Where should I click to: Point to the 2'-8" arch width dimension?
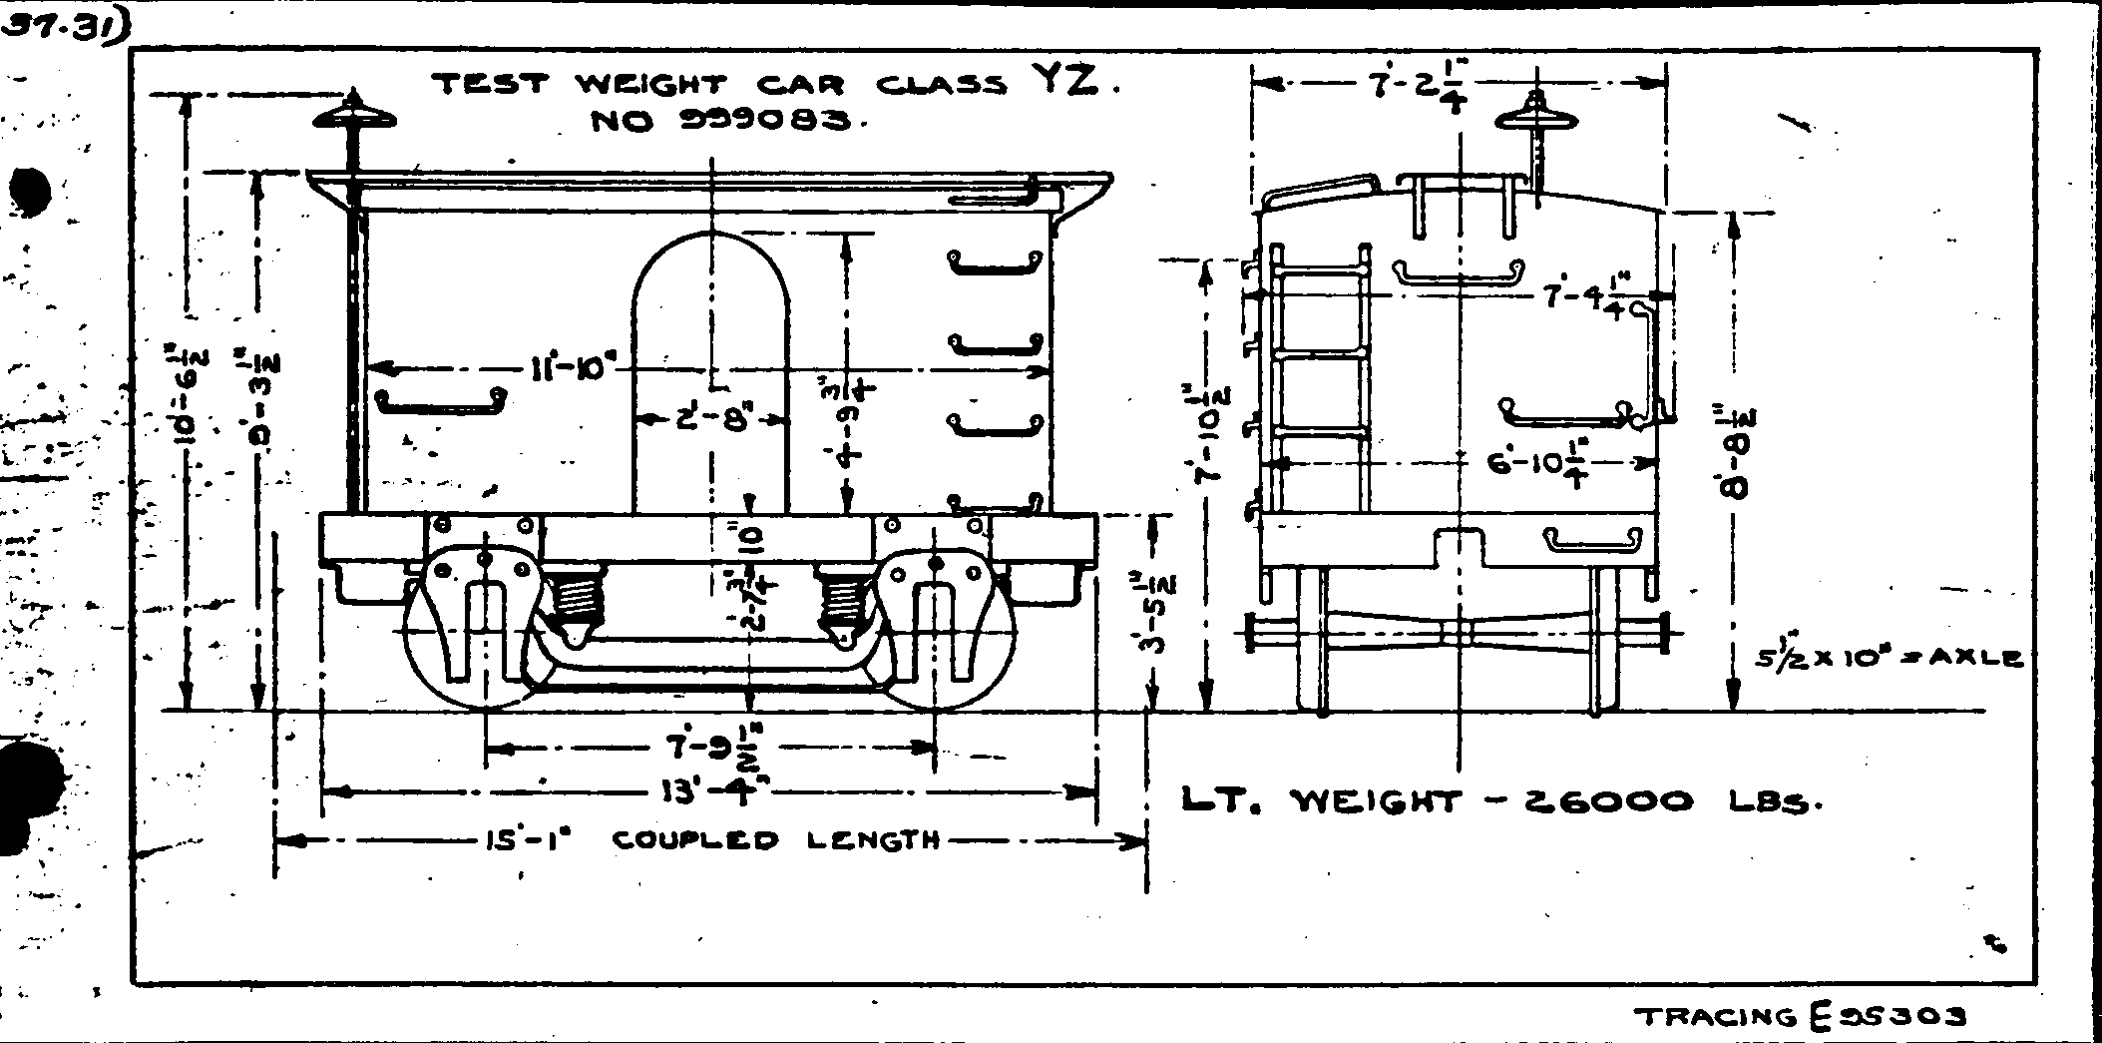[711, 420]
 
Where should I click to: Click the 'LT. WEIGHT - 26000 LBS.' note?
[1496, 801]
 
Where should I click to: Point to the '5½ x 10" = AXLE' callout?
[1888, 659]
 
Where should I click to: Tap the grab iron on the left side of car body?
[440, 401]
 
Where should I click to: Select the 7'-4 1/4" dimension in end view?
[1586, 296]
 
